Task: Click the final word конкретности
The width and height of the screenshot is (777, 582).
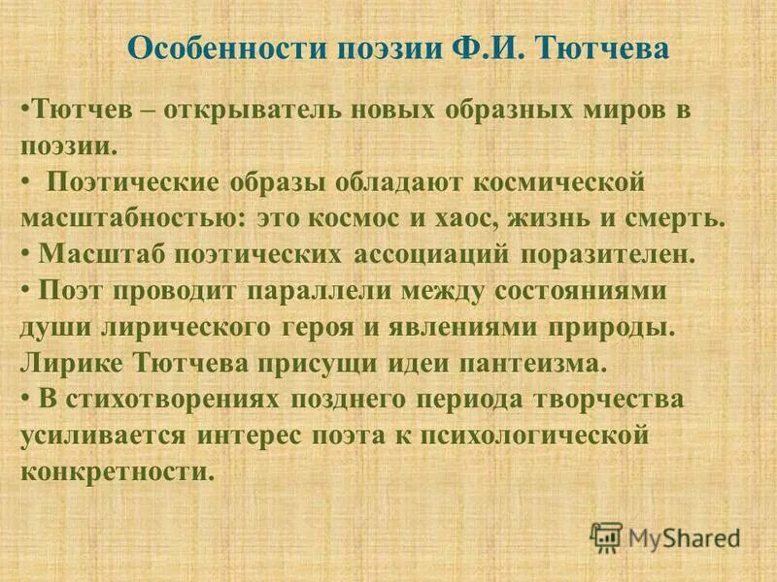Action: click(115, 472)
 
